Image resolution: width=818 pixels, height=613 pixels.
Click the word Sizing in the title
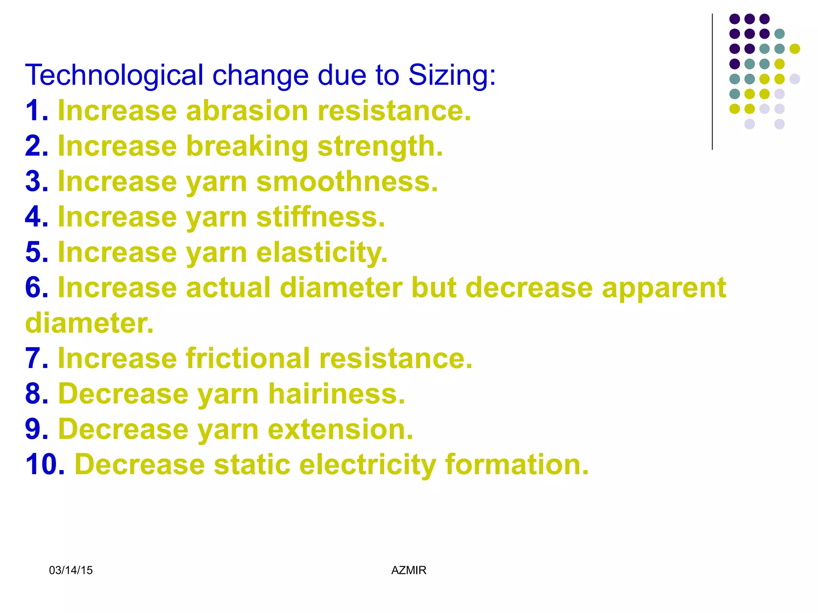click(451, 76)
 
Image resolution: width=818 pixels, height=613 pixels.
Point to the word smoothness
click(347, 182)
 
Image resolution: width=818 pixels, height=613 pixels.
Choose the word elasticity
click(322, 253)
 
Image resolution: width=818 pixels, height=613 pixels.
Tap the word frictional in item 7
click(248, 358)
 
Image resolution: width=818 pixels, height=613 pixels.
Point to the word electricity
click(367, 465)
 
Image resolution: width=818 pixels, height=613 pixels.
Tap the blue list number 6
click(36, 288)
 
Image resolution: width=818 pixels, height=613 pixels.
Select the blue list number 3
click(36, 182)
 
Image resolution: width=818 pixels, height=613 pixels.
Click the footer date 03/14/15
click(71, 570)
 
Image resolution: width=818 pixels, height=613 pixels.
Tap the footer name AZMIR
click(409, 570)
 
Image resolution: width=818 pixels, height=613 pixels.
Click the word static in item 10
click(252, 465)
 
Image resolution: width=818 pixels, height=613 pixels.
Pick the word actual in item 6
click(228, 288)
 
